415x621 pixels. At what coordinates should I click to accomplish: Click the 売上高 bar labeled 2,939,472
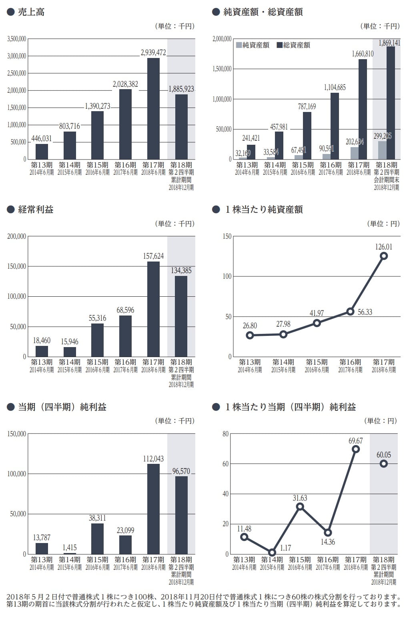pos(153,108)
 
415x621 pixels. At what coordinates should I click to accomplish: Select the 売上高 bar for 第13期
pos(42,151)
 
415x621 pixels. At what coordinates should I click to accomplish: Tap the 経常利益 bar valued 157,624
pos(153,309)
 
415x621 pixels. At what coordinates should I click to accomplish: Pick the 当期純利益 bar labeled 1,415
pos(70,553)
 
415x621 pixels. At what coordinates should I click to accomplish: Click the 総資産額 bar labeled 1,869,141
pos(391,103)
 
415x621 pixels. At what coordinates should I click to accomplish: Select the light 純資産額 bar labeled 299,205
pos(382,150)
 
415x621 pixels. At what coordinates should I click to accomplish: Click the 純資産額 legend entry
pos(253,45)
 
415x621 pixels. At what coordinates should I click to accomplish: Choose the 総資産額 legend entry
pos(293,45)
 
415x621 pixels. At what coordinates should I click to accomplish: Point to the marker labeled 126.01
pos(384,256)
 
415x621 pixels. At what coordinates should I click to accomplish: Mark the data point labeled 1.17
pos(272,553)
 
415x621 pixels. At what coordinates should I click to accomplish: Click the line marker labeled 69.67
pos(356,449)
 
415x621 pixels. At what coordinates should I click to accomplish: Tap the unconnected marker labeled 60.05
pos(384,463)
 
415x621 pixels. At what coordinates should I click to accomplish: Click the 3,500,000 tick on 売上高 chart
pos(17,39)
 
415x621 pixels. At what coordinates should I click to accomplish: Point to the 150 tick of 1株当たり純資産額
pos(227,236)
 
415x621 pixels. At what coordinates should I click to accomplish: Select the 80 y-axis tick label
pos(225,434)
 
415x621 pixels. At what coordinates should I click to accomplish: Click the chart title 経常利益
pos(36,210)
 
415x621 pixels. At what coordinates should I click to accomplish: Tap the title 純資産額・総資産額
pos(263,12)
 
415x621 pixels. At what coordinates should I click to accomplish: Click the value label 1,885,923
pos(181,89)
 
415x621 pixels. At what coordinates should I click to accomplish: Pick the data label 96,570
pos(181,471)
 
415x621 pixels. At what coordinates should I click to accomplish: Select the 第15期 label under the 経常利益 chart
pos(98,362)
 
